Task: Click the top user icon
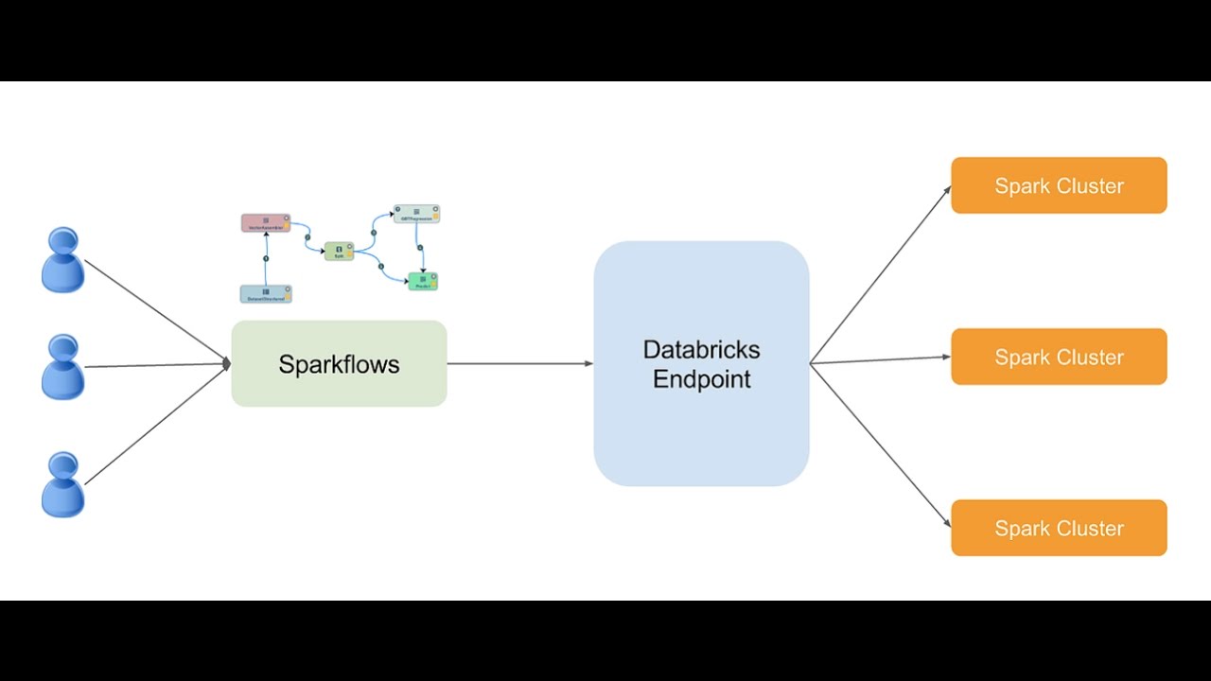[62, 260]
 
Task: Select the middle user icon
[62, 367]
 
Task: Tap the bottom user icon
[62, 484]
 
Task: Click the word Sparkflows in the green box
[339, 364]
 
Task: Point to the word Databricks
[701, 349]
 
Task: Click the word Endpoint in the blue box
[701, 379]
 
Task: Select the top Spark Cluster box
[1059, 185]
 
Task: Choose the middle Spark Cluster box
[1059, 357]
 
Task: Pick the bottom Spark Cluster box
[1059, 528]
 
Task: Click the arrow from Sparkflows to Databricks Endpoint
[520, 363]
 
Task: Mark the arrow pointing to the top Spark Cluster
[880, 274]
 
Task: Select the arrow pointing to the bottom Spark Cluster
[880, 445]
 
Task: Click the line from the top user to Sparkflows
[156, 311]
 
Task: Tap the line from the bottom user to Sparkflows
[156, 425]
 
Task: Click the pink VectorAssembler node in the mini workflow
[265, 223]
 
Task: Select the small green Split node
[339, 251]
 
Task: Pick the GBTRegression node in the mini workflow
[416, 214]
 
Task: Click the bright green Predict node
[422, 281]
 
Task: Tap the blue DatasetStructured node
[266, 293]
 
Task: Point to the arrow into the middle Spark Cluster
[880, 359]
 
